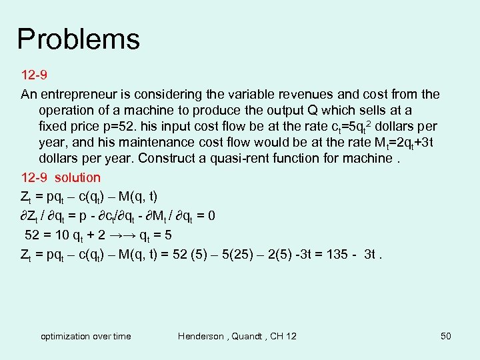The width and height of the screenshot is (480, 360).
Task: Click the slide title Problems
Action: click(78, 39)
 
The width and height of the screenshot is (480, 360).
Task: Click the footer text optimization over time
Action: click(86, 336)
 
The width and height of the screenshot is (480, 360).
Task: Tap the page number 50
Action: click(446, 336)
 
